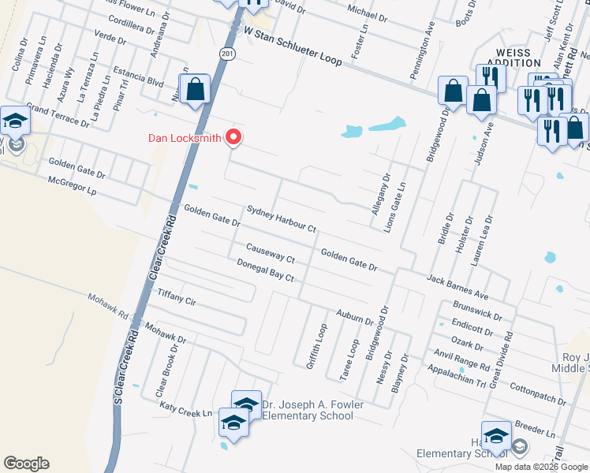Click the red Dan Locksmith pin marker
click(233, 137)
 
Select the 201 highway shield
click(227, 53)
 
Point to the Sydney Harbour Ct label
click(281, 219)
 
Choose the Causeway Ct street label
click(270, 253)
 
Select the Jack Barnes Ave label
click(457, 287)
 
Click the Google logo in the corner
click(26, 464)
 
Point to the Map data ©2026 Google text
click(541, 466)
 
